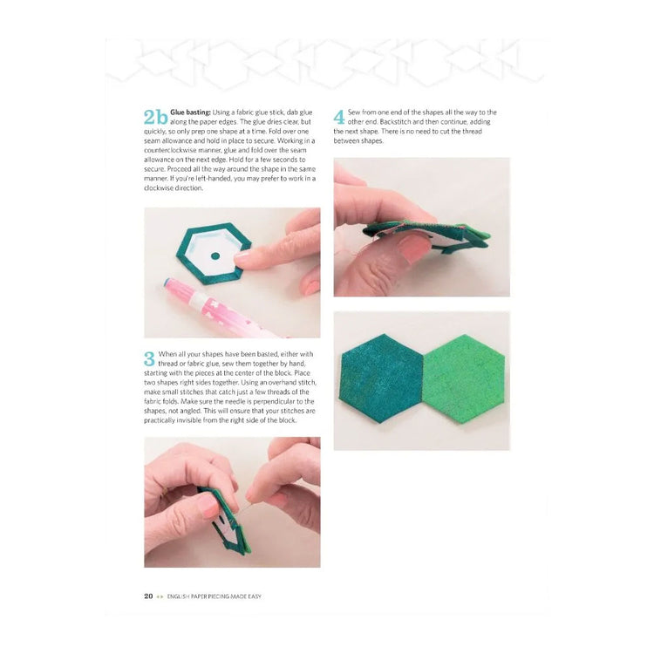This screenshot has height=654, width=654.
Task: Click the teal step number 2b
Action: [155, 118]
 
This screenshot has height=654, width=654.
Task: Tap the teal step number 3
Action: [149, 358]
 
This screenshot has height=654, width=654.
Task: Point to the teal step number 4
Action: [339, 118]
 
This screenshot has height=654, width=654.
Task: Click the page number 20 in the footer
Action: [148, 596]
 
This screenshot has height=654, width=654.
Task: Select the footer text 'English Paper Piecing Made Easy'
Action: [215, 596]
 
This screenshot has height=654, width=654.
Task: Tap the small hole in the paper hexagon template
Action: [215, 257]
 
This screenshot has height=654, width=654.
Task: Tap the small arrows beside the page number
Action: [162, 596]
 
